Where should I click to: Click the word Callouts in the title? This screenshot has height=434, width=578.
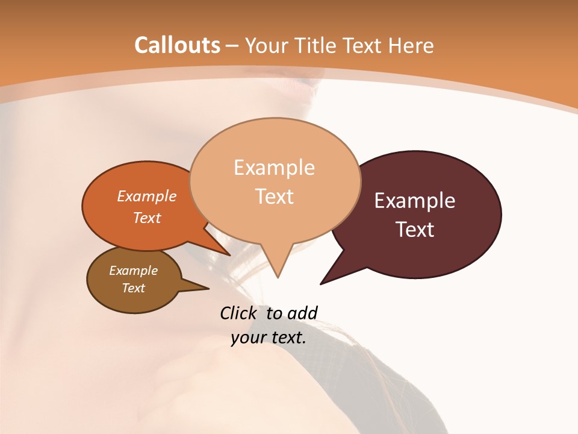tap(177, 45)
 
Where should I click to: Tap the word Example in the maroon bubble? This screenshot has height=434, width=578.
tap(415, 201)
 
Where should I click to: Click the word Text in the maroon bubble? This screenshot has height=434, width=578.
tap(415, 230)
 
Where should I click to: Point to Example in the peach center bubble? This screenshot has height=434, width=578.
tap(274, 168)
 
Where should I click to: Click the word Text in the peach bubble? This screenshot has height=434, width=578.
tap(274, 197)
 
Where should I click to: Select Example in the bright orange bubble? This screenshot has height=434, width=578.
tap(147, 197)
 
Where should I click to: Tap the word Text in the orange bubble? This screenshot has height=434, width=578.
tap(147, 218)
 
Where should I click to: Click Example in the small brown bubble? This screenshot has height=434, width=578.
tap(133, 271)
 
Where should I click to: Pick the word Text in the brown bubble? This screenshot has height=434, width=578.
tap(133, 288)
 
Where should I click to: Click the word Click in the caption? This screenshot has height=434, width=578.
tap(240, 313)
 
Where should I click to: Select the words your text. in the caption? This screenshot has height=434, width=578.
tap(269, 338)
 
